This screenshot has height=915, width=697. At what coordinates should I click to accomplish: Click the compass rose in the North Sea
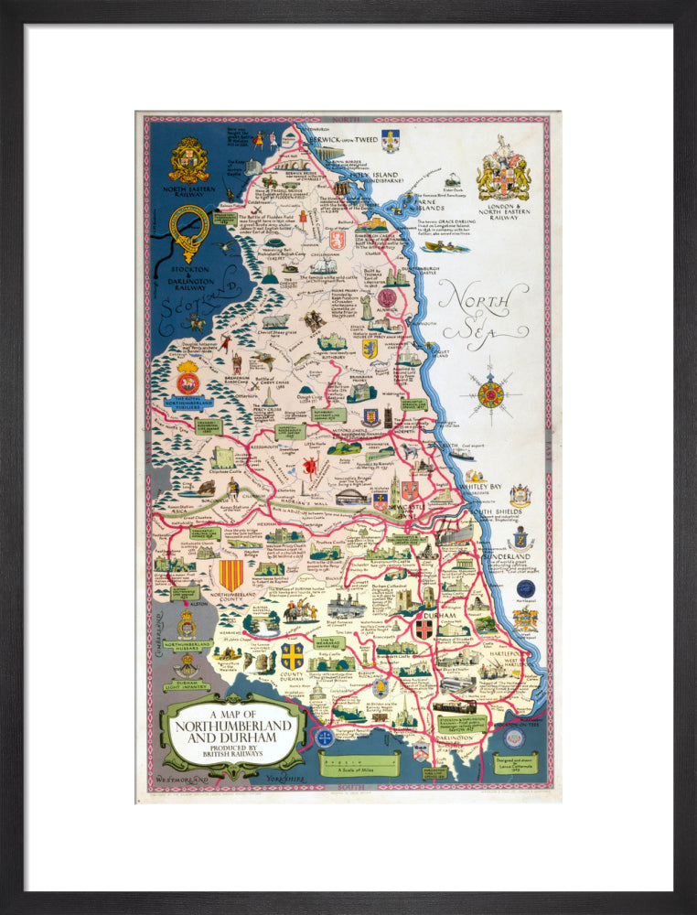tap(491, 394)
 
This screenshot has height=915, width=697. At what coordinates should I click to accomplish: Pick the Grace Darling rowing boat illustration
tap(446, 246)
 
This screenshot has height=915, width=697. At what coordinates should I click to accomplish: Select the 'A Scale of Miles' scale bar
tap(359, 762)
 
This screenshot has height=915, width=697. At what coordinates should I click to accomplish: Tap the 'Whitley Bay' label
tap(486, 486)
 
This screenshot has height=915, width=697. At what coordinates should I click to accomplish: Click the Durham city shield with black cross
tap(424, 630)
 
